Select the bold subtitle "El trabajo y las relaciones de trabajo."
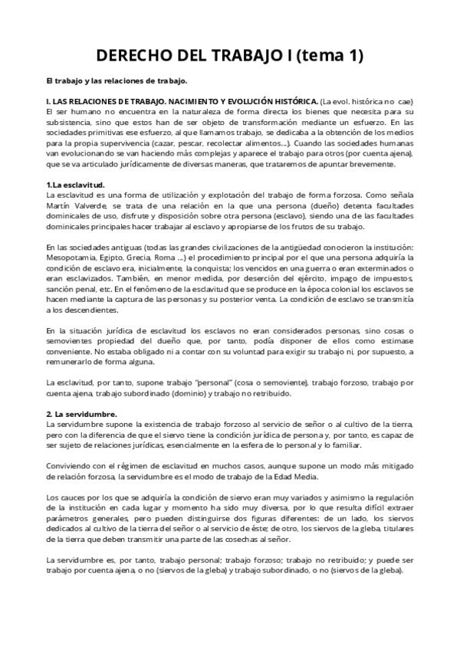[x=117, y=80]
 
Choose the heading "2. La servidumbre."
[x=81, y=414]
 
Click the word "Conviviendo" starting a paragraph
[x=71, y=465]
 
